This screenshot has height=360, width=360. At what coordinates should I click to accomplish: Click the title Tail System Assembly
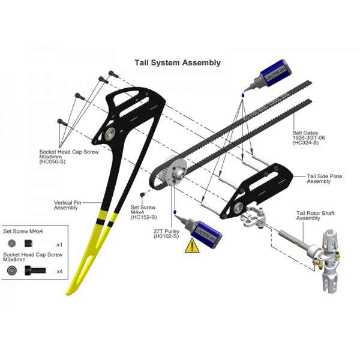178,62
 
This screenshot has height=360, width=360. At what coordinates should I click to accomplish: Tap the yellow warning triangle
192,245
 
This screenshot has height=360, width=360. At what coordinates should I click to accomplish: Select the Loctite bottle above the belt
268,75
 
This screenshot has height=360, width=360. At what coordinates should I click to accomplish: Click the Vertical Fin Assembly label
67,205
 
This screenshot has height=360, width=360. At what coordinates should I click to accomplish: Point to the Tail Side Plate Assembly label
324,179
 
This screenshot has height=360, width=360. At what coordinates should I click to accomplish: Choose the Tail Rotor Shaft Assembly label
315,215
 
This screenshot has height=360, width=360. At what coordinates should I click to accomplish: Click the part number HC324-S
305,143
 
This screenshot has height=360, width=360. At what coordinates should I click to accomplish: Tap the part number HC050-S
52,161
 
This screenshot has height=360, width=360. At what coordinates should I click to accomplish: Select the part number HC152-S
144,217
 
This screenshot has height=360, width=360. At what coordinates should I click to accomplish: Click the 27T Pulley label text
166,231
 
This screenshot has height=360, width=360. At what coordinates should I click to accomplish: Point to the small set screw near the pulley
142,194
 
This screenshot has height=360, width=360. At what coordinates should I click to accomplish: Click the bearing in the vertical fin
110,134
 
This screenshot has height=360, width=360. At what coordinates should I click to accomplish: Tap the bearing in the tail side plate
239,208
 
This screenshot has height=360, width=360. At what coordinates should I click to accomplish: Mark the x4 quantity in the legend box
59,272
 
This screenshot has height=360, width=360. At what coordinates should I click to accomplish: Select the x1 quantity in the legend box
59,245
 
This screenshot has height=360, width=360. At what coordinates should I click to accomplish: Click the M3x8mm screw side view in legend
35,271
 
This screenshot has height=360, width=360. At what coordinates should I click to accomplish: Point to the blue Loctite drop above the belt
242,95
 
